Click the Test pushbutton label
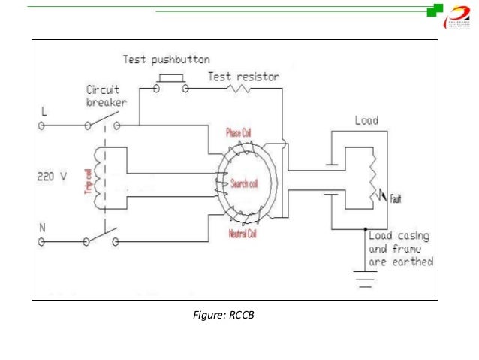point(166,59)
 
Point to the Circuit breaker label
point(102,95)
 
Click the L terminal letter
point(43,112)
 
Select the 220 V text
point(52,178)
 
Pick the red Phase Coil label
point(238,133)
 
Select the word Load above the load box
point(366,120)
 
